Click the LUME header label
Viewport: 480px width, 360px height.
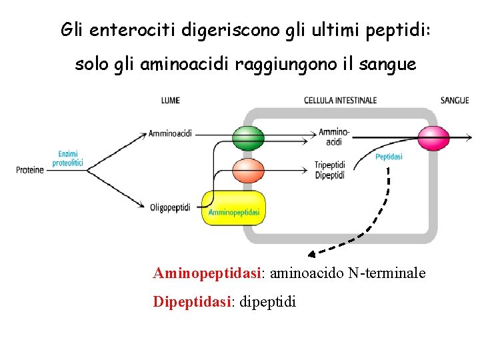point(170,101)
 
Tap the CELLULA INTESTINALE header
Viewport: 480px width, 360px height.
point(340,101)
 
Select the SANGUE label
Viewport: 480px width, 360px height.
point(455,101)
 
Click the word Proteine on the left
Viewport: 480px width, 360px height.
point(30,170)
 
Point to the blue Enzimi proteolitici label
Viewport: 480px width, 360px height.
point(67,158)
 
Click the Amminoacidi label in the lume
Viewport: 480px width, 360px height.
point(170,133)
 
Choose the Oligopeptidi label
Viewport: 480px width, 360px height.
point(170,207)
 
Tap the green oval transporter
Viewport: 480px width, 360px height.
point(248,139)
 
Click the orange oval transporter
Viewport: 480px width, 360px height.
point(248,170)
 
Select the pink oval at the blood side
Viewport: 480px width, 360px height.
point(433,138)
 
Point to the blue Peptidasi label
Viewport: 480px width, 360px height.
point(389,157)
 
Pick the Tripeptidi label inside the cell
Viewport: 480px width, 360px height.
point(329,166)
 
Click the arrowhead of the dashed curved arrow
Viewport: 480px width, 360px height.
point(311,253)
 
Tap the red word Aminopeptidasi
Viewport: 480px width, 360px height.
point(208,273)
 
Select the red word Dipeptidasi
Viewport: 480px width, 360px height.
point(192,302)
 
